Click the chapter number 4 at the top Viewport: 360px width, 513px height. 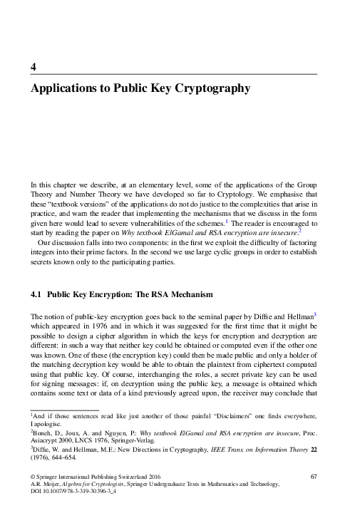click(x=33, y=67)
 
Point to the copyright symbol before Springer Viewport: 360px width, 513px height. click(x=32, y=475)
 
